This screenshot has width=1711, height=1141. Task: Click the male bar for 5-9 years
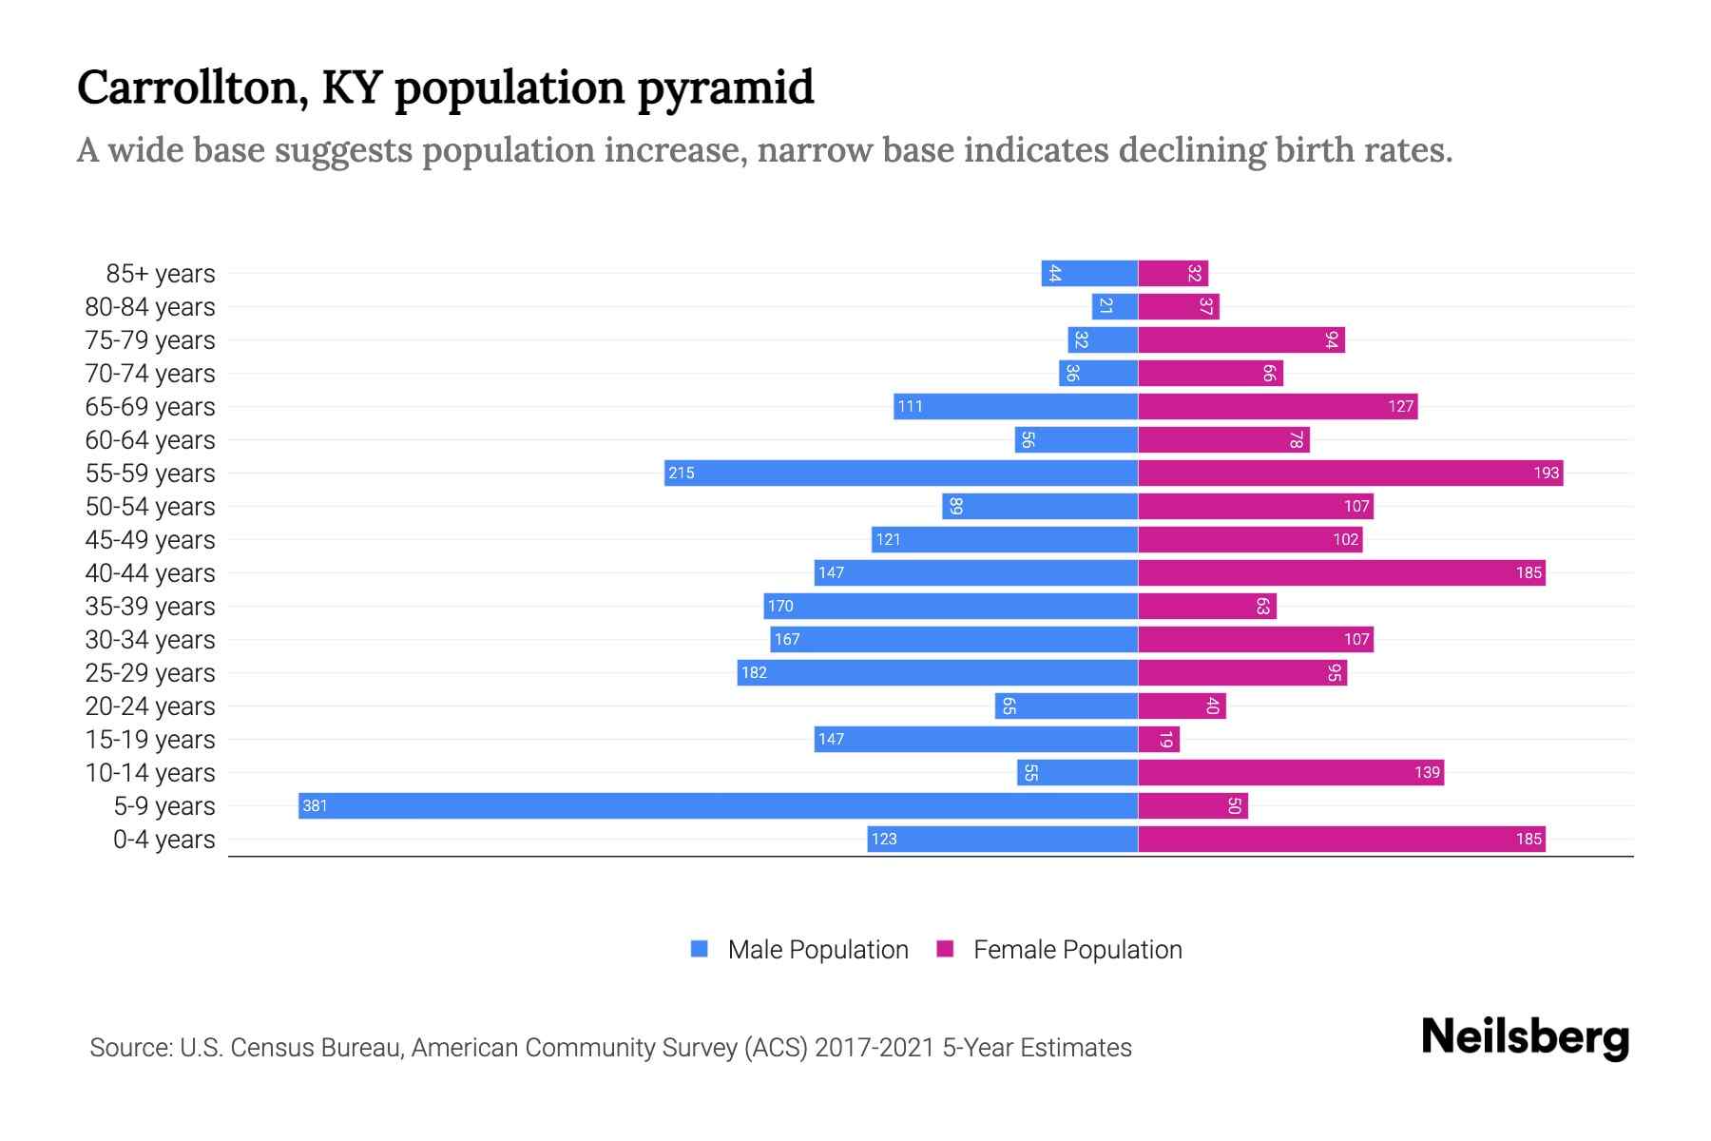tap(718, 805)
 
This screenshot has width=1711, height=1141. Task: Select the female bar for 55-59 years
tap(1350, 473)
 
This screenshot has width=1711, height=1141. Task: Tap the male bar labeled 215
tap(900, 473)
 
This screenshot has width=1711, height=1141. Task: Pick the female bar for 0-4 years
tap(1341, 839)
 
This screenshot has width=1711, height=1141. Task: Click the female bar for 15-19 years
tap(1159, 739)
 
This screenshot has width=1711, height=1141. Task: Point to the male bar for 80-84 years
tap(1114, 306)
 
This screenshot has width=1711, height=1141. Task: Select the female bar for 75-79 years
tap(1241, 339)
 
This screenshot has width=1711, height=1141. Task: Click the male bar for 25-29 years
tap(937, 672)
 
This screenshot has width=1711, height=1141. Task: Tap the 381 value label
tap(315, 806)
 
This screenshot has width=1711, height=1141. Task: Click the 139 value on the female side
tap(1427, 772)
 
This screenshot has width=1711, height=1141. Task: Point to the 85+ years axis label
tap(161, 274)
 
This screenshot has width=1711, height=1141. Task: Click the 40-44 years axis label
tap(150, 573)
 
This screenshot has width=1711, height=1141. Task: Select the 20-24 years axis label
tap(150, 706)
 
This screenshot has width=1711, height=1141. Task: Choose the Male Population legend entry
tap(817, 949)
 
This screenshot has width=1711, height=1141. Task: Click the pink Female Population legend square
tap(945, 949)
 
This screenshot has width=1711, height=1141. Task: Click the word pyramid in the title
tap(724, 87)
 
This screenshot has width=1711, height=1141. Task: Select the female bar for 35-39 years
tap(1207, 606)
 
